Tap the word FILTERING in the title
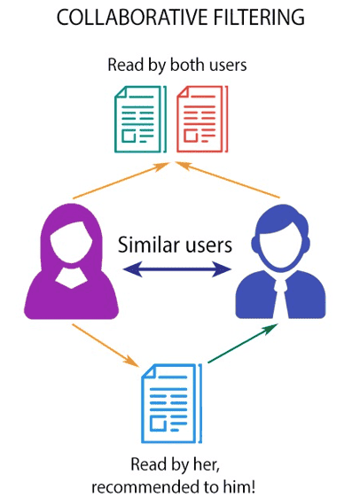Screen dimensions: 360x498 pos(260,17)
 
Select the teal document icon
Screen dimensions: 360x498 pos(140,119)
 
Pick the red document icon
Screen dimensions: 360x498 pos(202,119)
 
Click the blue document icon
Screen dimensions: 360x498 pos(172,403)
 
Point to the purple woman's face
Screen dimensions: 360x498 pos(71,242)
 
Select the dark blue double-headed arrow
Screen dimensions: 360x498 pos(177,269)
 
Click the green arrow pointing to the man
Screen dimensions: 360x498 pos(243,343)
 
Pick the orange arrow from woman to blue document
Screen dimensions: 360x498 pos(106,346)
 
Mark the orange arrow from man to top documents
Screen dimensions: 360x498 pos(228,180)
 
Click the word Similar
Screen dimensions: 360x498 pos(149,245)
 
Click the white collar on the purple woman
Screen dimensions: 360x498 pos(71,279)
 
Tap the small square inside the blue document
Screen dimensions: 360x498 pos(158,424)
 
